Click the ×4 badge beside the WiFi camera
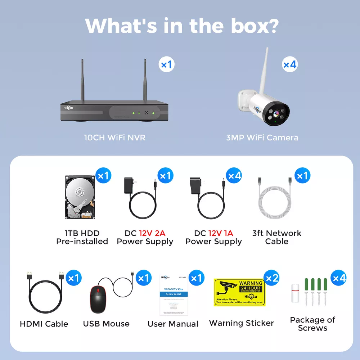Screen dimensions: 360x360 pyautogui.click(x=290, y=64)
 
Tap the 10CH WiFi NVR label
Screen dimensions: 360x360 pyautogui.click(x=115, y=138)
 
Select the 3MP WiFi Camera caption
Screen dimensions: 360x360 pyautogui.click(x=262, y=138)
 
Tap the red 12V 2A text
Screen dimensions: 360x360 pyautogui.click(x=152, y=233)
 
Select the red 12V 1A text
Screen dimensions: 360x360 pyautogui.click(x=221, y=233)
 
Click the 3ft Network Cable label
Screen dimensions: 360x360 pyautogui.click(x=276, y=237)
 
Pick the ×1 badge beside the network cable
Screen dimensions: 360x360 pyautogui.click(x=302, y=176)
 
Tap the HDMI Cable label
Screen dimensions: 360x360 pyautogui.click(x=44, y=324)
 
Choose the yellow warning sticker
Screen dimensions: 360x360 pyautogui.click(x=239, y=292)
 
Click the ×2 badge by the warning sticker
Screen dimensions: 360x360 pyautogui.click(x=272, y=278)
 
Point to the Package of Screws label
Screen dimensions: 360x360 pyautogui.click(x=312, y=324)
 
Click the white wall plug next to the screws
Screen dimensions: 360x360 pyautogui.click(x=296, y=292)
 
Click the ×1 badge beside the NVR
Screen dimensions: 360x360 pyautogui.click(x=167, y=65)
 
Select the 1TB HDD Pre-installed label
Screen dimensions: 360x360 pyautogui.click(x=82, y=237)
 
